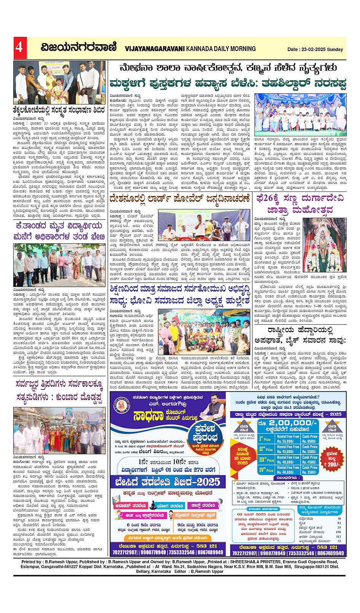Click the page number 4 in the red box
click(x=19, y=47)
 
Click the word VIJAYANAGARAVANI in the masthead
click(x=155, y=49)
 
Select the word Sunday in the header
click(x=336, y=49)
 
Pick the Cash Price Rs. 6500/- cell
click(x=310, y=439)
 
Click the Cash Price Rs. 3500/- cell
click(x=310, y=469)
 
